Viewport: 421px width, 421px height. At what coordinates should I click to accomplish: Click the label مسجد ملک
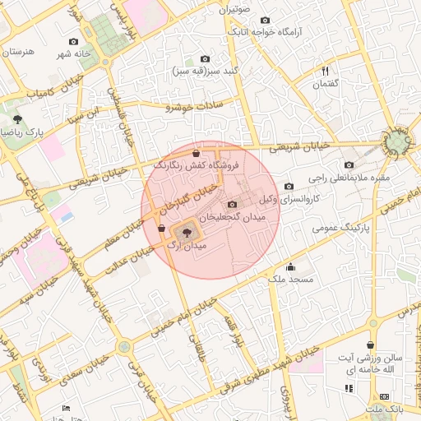(x=289, y=280)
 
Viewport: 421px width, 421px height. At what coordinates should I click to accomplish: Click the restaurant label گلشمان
(x=326, y=84)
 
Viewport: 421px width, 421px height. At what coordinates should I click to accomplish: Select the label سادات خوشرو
(x=201, y=107)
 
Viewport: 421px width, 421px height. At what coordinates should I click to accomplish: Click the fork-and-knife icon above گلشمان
(x=326, y=72)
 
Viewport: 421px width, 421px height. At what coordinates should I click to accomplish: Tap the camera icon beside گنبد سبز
(x=205, y=59)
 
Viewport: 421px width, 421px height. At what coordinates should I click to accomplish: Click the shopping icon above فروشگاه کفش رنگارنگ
(x=195, y=153)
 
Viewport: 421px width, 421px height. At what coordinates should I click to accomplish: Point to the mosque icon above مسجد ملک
(x=289, y=267)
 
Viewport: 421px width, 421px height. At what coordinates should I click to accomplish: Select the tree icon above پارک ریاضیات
(x=17, y=120)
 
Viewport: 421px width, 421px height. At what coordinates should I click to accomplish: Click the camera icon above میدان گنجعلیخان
(x=232, y=205)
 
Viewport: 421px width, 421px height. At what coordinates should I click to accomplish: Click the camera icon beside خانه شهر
(x=74, y=41)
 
